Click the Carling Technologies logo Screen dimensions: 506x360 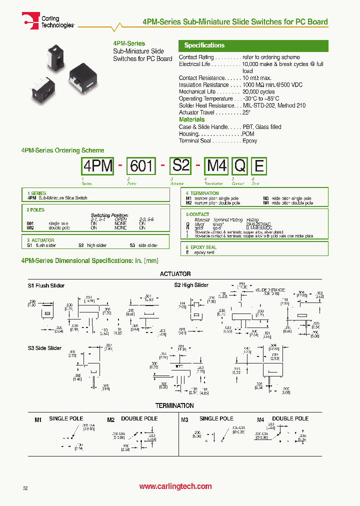(48, 21)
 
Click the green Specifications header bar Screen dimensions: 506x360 (253, 45)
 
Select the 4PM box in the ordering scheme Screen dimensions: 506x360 (98, 165)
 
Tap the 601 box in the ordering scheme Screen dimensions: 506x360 (141, 165)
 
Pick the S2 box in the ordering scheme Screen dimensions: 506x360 (180, 165)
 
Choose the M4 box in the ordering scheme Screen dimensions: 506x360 (216, 165)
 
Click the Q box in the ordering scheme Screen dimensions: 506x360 (240, 165)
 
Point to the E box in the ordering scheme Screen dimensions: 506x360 (258, 165)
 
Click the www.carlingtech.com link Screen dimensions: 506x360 (175, 486)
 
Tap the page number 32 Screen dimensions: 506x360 (25, 487)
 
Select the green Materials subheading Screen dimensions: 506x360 (191, 119)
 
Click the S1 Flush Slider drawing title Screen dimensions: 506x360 (46, 285)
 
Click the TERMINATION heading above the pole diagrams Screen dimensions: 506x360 (174, 405)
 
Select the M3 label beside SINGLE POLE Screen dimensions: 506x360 (184, 419)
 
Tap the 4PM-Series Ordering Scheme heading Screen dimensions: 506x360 (62, 150)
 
